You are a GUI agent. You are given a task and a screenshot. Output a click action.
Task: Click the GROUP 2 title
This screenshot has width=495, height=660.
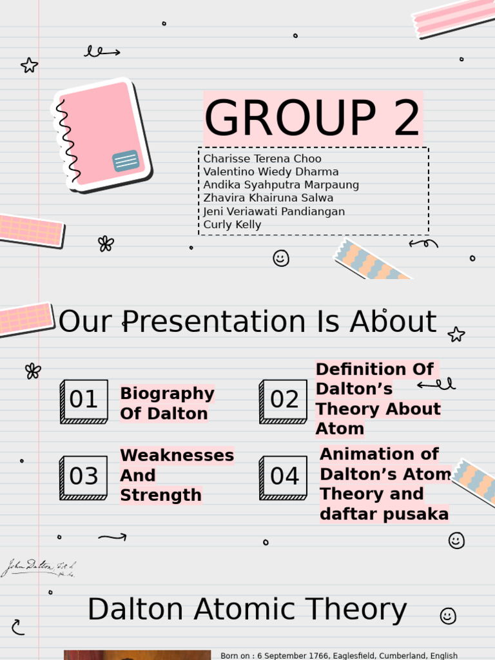coord(313,119)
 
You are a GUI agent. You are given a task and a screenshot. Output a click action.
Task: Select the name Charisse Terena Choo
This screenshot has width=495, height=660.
coord(262,159)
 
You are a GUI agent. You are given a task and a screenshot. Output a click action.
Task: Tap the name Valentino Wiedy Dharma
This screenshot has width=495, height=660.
coord(271,172)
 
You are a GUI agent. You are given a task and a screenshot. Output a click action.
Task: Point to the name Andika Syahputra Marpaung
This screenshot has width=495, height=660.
coord(281,185)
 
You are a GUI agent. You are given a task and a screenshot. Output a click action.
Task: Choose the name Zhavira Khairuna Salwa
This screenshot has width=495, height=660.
coord(268,198)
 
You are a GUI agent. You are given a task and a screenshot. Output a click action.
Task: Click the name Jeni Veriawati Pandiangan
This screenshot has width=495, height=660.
coord(274,211)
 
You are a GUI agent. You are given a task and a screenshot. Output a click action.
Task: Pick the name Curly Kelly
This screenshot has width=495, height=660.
coord(232,224)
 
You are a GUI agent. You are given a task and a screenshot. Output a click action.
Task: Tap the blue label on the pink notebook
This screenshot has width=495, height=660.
coord(126,160)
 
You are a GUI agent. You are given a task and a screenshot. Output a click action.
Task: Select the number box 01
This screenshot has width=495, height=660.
coord(84,400)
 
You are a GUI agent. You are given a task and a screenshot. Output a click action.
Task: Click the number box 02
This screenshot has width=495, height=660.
coord(284,400)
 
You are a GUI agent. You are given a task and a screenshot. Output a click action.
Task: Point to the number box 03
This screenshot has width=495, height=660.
coord(84,477)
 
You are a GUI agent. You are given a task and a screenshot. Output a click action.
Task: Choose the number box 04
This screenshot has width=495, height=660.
coord(284,477)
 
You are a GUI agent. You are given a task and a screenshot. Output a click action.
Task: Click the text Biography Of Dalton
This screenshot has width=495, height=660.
coord(167,403)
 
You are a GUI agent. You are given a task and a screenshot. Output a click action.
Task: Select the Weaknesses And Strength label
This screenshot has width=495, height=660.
coord(177,475)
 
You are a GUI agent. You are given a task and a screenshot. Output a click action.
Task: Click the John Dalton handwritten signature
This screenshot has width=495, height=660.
coord(39,568)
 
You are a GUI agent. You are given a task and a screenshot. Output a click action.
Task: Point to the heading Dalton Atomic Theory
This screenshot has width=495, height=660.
coord(247,610)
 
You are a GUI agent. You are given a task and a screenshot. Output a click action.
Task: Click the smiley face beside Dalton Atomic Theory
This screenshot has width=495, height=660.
coord(448,616)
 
